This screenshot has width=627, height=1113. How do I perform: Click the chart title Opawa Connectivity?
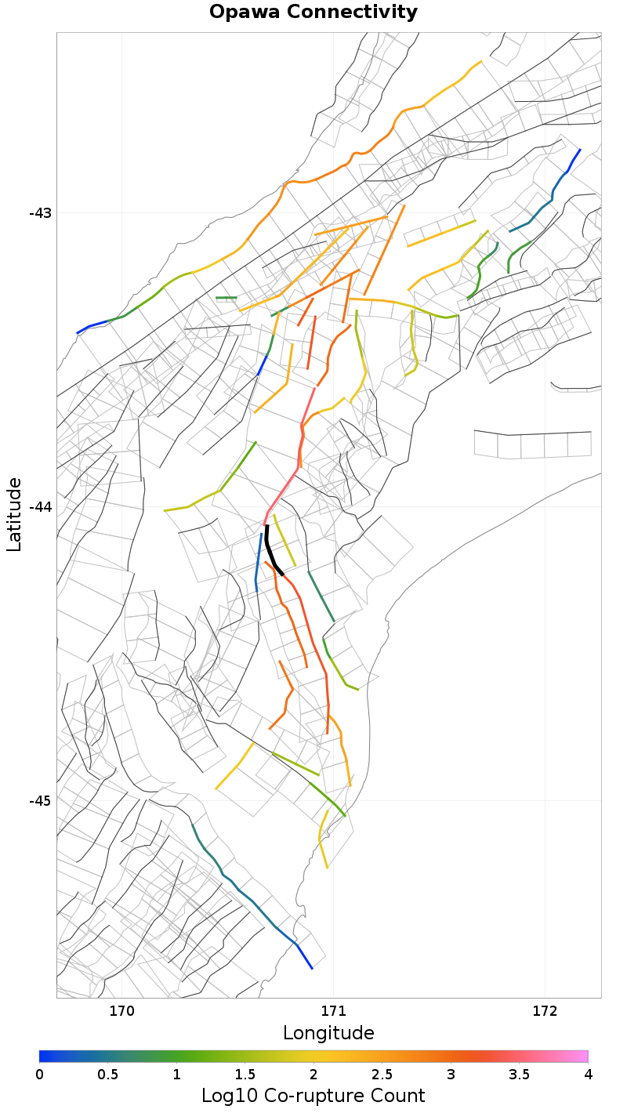313,13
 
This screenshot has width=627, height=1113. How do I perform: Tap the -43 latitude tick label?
40,213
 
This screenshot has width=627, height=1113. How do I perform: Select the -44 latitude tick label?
40,507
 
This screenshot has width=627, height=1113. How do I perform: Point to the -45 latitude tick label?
40,801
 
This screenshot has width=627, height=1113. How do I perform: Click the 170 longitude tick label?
122,1011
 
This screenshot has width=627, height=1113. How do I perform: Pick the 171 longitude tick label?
334,1011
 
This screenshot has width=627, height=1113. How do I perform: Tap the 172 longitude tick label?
545,1011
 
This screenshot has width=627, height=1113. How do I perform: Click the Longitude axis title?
328,1033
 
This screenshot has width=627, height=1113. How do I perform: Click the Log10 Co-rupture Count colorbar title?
313,1096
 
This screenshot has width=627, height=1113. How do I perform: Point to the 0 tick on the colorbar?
39,1074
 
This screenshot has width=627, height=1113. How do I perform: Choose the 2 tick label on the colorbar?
313,1074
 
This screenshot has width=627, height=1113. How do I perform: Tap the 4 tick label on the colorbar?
588,1074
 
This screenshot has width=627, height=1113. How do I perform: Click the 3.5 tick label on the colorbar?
519,1074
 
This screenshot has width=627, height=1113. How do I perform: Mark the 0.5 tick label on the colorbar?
107,1074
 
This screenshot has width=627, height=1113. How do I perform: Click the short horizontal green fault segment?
226,298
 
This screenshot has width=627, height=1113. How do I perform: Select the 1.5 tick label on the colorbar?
245,1074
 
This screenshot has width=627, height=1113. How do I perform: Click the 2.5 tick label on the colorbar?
382,1074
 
